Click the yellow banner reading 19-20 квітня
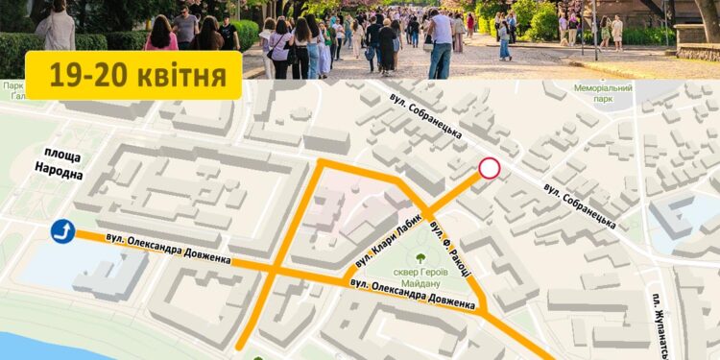click(133, 74)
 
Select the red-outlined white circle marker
click(490, 169)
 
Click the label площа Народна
click(59, 165)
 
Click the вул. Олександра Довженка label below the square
click(413, 296)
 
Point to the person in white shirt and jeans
click(441, 43)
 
